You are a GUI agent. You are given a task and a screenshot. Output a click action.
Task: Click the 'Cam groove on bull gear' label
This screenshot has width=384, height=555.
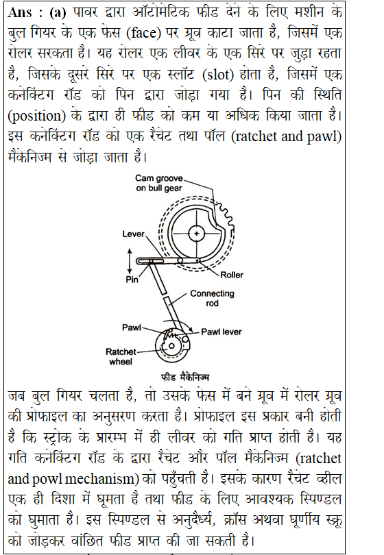pyautogui.click(x=159, y=183)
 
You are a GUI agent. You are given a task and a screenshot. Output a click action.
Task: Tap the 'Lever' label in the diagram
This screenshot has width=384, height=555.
pyautogui.click(x=133, y=234)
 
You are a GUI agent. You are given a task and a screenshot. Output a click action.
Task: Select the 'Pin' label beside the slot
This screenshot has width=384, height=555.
pyautogui.click(x=132, y=280)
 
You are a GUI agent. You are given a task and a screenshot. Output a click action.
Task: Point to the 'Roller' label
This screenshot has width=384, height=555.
pyautogui.click(x=232, y=275)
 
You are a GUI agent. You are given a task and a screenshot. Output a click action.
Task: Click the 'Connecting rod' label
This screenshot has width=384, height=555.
pyautogui.click(x=212, y=298)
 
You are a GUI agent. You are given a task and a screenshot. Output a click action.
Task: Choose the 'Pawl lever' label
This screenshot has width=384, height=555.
pyautogui.click(x=221, y=332)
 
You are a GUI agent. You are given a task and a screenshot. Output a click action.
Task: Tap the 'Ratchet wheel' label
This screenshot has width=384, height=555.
pyautogui.click(x=121, y=356)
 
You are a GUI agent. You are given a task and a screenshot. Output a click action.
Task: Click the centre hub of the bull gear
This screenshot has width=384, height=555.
pyautogui.click(x=196, y=234)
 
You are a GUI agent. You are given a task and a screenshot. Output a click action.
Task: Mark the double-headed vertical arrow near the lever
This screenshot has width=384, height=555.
pyautogui.click(x=130, y=261)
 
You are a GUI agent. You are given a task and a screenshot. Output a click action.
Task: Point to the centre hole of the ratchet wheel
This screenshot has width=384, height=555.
pyautogui.click(x=171, y=346)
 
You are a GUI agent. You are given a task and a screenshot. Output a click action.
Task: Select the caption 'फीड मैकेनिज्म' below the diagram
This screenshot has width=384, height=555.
pyautogui.click(x=185, y=378)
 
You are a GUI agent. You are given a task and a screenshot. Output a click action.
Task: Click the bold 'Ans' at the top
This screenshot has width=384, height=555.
pyautogui.click(x=19, y=13)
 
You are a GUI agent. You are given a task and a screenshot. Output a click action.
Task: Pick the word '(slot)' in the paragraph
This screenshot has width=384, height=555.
pyautogui.click(x=218, y=74)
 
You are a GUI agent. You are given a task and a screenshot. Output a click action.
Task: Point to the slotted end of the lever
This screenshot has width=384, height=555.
pyautogui.click(x=150, y=261)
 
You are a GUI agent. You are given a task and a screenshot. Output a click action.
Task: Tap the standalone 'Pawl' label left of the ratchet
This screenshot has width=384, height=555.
pyautogui.click(x=132, y=328)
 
